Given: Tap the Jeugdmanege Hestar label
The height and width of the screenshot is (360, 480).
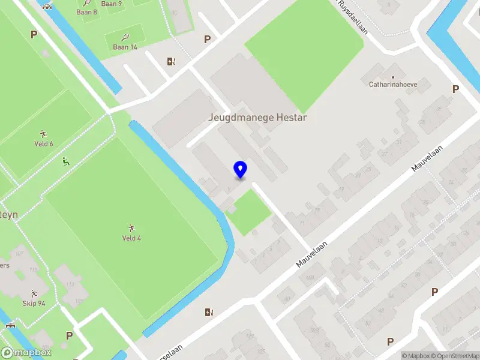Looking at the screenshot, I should pos(257,118).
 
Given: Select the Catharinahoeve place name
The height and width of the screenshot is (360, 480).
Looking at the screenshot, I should pos(393,85).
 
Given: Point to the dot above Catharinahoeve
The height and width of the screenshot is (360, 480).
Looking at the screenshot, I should pos(393,77).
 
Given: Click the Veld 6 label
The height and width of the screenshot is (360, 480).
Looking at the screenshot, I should pos(44,144).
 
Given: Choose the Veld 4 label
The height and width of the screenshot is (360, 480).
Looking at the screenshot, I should pos(131,238).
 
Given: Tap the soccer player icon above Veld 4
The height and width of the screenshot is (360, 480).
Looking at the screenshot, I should pos(131,228).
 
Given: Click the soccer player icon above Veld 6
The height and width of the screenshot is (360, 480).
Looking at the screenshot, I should pos(43,133).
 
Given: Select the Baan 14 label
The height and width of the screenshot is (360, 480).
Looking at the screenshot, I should pos(125,47).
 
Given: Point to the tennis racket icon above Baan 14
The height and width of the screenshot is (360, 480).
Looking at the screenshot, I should pos(125,37).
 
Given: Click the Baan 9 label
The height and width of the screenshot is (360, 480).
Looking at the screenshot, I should pos(112,4).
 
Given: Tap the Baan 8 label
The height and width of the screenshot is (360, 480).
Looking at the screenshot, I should pos(87,12).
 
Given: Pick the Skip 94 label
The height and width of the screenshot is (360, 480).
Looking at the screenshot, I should pos(34,303).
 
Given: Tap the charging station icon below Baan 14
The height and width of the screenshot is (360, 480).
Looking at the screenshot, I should pos(171,61).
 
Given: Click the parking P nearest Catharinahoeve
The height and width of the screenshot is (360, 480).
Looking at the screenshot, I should pos(455,89).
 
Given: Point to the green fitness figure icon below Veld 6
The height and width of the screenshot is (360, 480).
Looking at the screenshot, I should pos(65,161).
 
